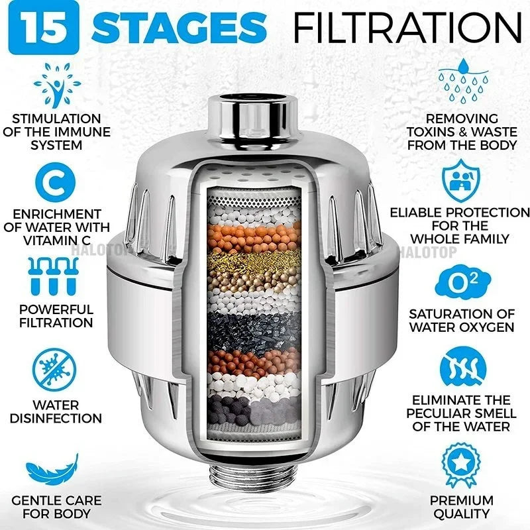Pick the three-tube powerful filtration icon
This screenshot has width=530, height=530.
[56, 276]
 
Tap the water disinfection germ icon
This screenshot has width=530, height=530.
[56, 372]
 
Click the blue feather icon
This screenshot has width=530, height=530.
[56, 470]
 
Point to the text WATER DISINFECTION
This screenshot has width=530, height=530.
[56, 411]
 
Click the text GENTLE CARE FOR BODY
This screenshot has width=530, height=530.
[56, 506]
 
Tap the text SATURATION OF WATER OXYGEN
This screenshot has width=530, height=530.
[462, 319]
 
